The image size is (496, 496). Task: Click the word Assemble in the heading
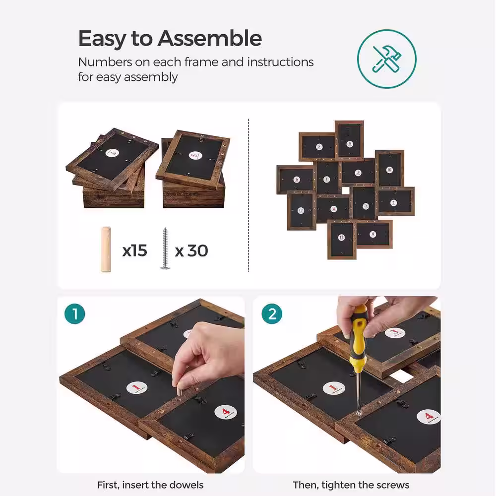209,39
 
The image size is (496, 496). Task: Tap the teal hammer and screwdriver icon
386,59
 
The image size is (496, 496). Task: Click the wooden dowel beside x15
106,249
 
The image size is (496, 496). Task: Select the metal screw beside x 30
165,248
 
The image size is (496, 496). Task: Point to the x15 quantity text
135,250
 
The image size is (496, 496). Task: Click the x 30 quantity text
191,250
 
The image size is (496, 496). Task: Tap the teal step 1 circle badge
75,314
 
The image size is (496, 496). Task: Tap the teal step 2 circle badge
272,314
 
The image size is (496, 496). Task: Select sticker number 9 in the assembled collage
350,144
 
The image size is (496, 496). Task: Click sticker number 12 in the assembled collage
341,237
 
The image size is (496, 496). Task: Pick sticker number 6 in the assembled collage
297,180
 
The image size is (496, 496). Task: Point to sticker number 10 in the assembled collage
389,170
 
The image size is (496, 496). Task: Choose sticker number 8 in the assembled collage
373,235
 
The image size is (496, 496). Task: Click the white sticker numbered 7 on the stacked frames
112,153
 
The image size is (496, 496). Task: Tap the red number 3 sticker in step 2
395,333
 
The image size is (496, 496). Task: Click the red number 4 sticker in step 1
226,412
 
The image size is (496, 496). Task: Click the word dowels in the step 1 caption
186,485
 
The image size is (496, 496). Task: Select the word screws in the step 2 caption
393,485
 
